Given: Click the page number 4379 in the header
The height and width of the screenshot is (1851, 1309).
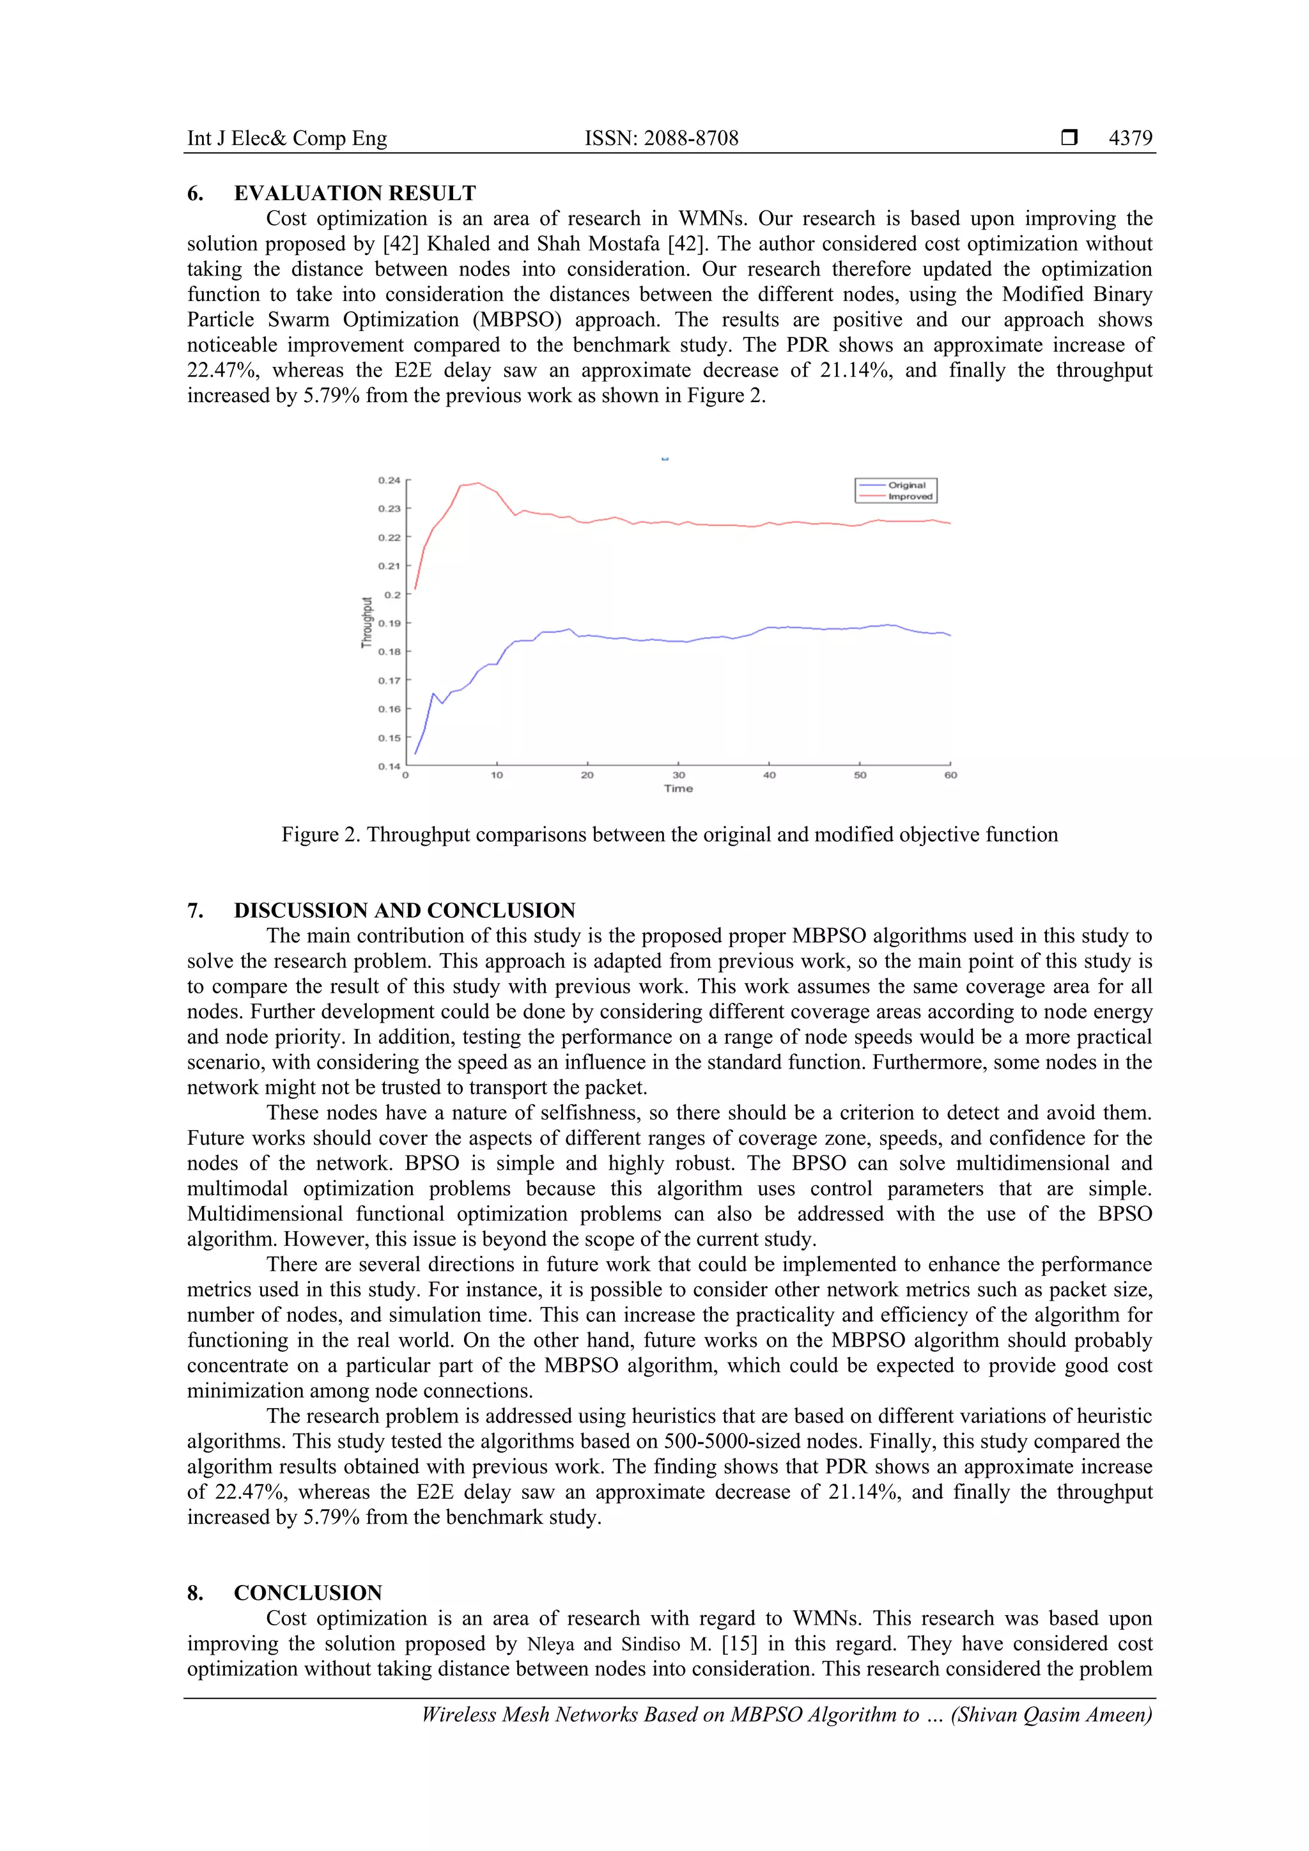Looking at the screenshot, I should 1130,138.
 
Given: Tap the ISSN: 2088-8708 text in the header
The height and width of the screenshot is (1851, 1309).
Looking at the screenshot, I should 661,138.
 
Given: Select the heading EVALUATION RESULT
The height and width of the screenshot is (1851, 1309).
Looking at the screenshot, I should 355,194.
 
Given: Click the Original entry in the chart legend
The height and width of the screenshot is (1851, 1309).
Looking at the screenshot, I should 907,485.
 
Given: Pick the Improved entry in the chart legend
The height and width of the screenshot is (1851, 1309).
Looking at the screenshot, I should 910,497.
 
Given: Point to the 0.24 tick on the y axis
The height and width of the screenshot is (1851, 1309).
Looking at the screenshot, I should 389,481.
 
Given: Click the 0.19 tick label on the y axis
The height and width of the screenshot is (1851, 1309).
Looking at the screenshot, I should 389,623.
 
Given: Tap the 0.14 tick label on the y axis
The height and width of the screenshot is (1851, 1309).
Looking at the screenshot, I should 389,766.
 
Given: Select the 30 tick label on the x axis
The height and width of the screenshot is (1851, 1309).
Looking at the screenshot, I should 679,775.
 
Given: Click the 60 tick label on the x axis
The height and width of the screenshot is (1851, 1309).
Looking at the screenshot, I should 951,775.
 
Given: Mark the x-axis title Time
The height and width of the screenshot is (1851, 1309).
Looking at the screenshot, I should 679,789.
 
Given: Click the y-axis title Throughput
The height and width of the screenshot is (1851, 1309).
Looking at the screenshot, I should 368,623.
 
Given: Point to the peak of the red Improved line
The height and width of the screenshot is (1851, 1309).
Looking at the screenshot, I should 478,483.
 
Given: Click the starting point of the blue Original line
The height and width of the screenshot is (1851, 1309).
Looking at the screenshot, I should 415,754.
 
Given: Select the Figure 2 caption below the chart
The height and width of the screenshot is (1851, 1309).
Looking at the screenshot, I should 669,834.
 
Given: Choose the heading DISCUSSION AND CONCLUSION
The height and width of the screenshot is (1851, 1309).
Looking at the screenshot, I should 405,910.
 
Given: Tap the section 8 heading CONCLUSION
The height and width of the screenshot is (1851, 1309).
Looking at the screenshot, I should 308,1592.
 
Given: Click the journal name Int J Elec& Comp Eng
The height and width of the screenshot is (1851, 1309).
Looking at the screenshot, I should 287,138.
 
